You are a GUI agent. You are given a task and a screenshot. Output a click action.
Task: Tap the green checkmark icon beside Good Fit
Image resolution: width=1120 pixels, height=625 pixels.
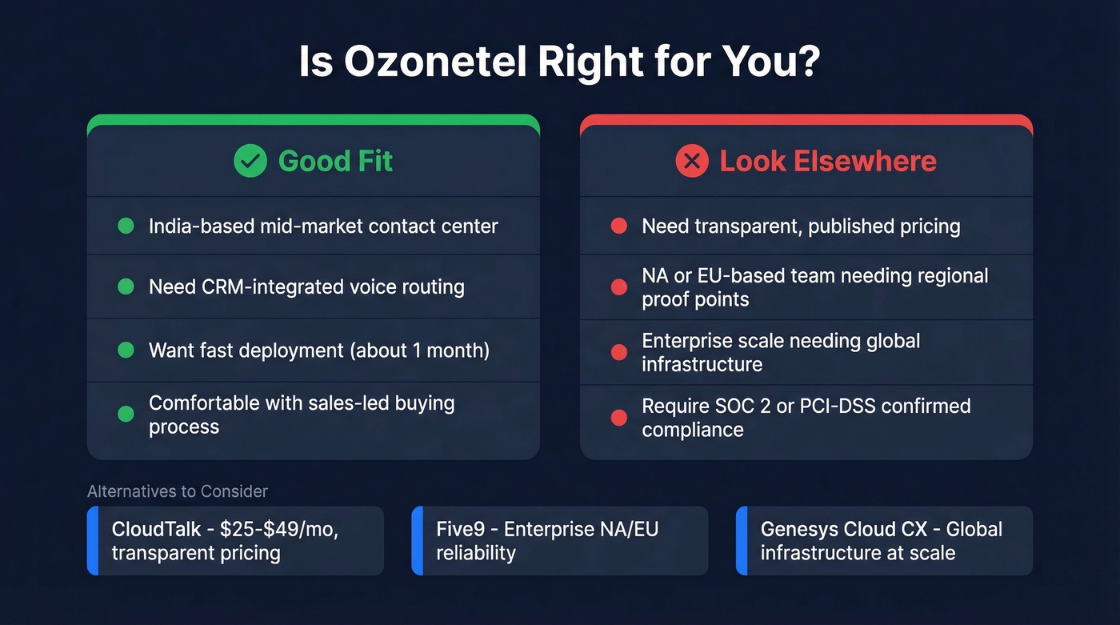(x=250, y=161)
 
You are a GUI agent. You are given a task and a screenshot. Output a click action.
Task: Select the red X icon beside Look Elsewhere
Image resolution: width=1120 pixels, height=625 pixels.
(x=692, y=161)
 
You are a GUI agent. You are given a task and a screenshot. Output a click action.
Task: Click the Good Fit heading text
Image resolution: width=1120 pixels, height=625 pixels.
(x=335, y=161)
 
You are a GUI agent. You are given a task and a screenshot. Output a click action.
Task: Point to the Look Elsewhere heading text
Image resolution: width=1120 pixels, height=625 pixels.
(x=828, y=161)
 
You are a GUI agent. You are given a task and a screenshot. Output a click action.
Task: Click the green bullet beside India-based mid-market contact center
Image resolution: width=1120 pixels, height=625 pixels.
(x=126, y=226)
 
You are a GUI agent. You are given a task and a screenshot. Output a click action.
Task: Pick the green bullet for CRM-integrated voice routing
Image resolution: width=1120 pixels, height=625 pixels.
(x=126, y=286)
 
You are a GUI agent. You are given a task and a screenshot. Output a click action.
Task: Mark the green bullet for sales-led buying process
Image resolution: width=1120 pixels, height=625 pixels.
(x=126, y=414)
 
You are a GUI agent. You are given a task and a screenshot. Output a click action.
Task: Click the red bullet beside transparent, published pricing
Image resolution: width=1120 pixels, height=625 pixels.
(x=618, y=226)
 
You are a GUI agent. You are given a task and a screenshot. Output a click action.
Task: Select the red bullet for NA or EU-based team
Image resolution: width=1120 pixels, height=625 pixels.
(x=618, y=287)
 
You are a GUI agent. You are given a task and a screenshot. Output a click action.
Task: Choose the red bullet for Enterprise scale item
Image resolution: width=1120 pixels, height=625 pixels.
(x=618, y=352)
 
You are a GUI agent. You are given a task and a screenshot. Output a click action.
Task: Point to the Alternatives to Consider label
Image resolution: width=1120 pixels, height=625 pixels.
(x=178, y=491)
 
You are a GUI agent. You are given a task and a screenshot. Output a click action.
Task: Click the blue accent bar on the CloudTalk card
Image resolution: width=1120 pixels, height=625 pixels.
(x=92, y=541)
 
